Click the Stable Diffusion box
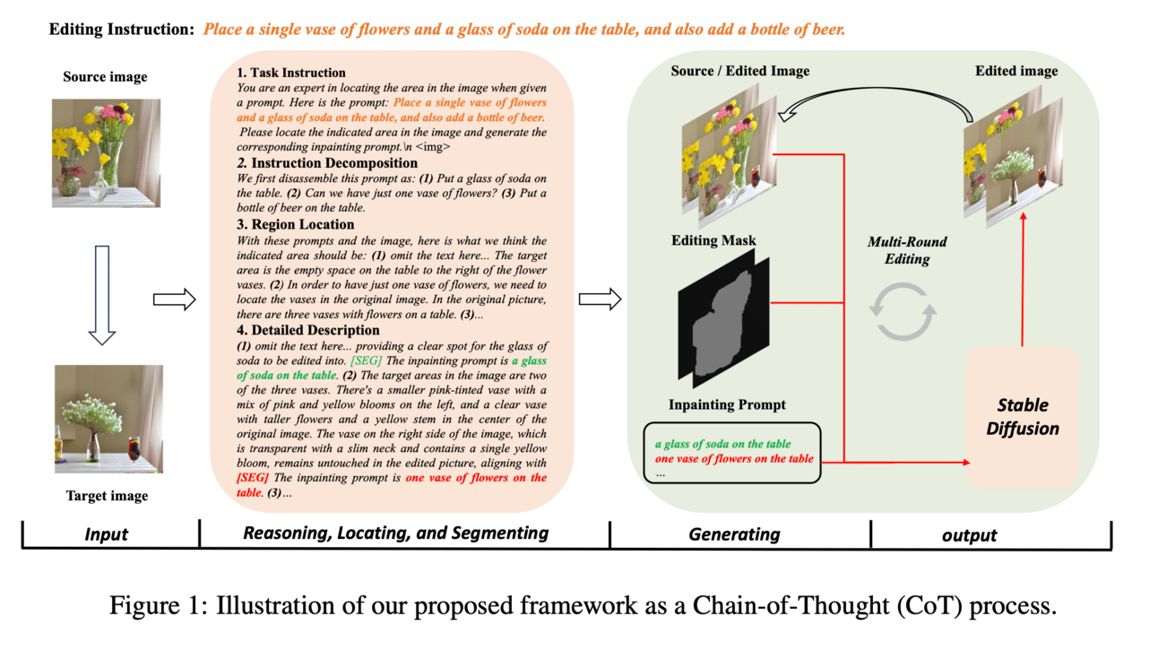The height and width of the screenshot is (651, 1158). (1023, 418)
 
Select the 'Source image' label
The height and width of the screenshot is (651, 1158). (105, 77)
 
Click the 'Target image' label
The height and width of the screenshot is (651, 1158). (107, 496)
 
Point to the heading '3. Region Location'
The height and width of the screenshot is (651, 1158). (296, 224)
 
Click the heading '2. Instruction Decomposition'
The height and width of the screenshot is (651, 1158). (327, 163)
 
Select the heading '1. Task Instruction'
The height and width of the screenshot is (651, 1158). (291, 73)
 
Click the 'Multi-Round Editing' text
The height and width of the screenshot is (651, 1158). (907, 250)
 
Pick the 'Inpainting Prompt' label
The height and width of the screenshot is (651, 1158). (727, 405)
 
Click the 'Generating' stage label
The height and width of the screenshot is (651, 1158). (734, 534)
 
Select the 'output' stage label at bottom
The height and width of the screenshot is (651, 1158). (969, 535)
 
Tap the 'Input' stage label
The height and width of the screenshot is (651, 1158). (107, 534)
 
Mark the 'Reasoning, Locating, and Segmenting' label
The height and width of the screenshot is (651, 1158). (395, 534)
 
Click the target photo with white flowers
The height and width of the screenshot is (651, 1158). (108, 419)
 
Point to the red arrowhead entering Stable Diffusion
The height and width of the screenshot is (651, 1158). (966, 463)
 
